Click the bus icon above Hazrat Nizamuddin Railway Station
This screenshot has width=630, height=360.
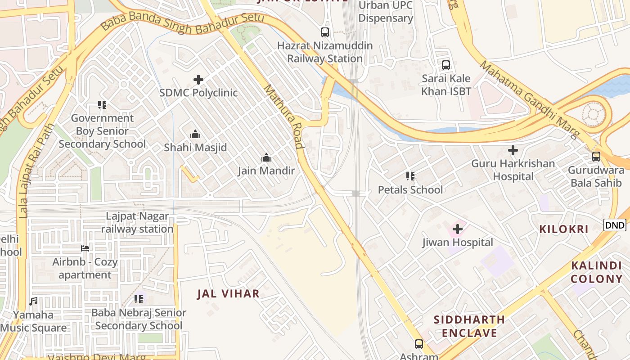click(x=324, y=32)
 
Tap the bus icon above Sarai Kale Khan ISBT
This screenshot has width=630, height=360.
click(x=446, y=65)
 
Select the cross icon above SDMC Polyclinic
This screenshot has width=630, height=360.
click(x=198, y=80)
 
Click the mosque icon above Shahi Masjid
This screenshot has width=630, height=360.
click(x=195, y=134)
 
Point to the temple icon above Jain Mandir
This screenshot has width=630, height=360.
click(x=266, y=157)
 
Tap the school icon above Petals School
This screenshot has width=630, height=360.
click(x=410, y=176)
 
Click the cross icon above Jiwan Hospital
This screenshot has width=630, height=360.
click(x=458, y=229)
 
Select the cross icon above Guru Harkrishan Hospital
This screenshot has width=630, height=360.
click(x=513, y=150)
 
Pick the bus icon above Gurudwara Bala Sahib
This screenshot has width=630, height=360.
click(x=596, y=157)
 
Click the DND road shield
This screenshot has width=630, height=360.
click(x=615, y=225)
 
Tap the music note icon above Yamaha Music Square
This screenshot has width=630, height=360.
click(x=33, y=301)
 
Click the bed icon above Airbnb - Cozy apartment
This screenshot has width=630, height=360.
click(x=85, y=248)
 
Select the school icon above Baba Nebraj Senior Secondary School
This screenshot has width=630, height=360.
click(x=139, y=299)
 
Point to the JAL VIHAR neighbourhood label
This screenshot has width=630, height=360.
click(x=228, y=294)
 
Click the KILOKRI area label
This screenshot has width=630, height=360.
click(x=564, y=229)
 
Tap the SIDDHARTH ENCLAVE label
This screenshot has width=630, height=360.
click(x=469, y=326)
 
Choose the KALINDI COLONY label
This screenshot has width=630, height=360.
click(x=597, y=272)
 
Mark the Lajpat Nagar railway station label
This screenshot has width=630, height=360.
click(x=137, y=222)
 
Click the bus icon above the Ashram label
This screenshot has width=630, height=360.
click(x=419, y=344)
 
